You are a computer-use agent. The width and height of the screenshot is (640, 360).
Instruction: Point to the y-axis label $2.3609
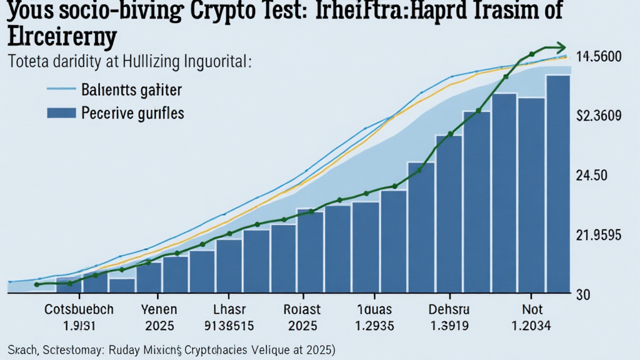point(599,116)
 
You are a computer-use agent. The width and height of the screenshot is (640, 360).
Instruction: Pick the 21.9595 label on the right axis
point(597,236)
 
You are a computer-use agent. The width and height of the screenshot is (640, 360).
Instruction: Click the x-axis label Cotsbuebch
point(79,309)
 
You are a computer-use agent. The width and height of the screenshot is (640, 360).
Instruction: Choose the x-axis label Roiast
point(301,309)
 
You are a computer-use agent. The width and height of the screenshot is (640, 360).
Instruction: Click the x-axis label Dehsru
point(449,309)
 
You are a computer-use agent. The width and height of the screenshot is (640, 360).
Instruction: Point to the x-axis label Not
point(533,309)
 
